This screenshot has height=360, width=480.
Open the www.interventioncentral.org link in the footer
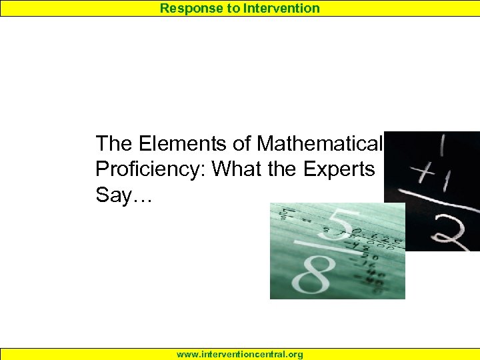click(x=240, y=355)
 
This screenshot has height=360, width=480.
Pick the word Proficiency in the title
click(x=151, y=169)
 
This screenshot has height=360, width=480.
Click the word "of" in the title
click(x=241, y=143)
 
